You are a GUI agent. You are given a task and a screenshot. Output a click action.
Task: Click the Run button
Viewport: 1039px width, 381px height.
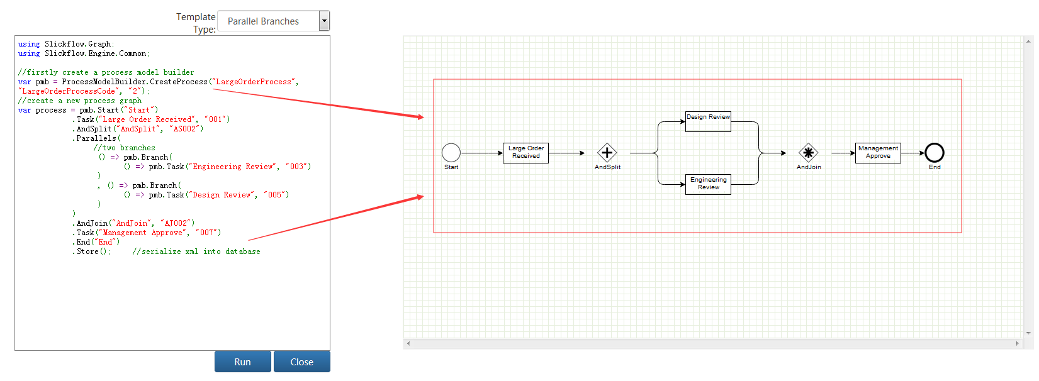[242, 362]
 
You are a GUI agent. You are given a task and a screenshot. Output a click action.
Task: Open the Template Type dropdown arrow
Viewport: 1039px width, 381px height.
[324, 21]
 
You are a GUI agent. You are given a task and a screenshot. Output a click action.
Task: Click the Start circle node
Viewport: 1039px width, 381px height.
[451, 153]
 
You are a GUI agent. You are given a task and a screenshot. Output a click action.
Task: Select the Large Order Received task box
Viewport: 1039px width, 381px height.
[525, 153]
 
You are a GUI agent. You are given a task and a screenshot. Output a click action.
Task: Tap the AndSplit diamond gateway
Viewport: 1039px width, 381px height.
[607, 153]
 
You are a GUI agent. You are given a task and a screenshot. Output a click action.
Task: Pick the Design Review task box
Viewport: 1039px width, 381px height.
[708, 121]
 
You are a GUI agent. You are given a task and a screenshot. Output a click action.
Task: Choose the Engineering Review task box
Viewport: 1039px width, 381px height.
[708, 184]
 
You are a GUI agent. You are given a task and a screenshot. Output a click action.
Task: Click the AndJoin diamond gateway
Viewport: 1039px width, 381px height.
[808, 153]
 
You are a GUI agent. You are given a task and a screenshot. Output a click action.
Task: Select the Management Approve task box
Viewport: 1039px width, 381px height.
[878, 153]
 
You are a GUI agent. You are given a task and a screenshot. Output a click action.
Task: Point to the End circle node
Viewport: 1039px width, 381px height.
[934, 153]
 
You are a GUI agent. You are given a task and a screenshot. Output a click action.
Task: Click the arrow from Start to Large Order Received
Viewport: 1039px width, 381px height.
[482, 153]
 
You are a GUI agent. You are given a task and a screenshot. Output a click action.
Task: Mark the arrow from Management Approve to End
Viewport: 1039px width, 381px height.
[913, 153]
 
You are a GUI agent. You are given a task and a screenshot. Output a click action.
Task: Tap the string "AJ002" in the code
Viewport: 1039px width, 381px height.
[177, 223]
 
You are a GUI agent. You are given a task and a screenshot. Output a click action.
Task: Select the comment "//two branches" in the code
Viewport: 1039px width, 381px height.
[125, 148]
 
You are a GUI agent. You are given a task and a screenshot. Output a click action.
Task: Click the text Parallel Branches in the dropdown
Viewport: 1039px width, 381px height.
[263, 21]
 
